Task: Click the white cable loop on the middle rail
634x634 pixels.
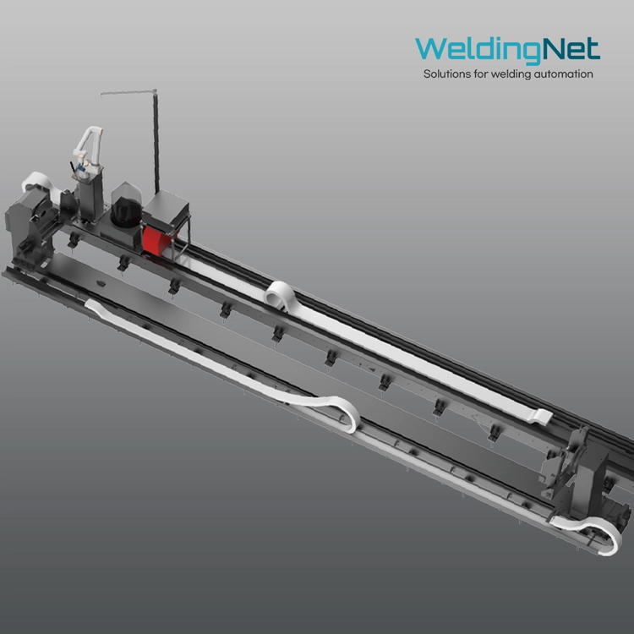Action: pyautogui.click(x=280, y=295)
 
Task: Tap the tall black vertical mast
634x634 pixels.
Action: pyautogui.click(x=156, y=141)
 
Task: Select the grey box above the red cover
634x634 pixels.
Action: pyautogui.click(x=167, y=211)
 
